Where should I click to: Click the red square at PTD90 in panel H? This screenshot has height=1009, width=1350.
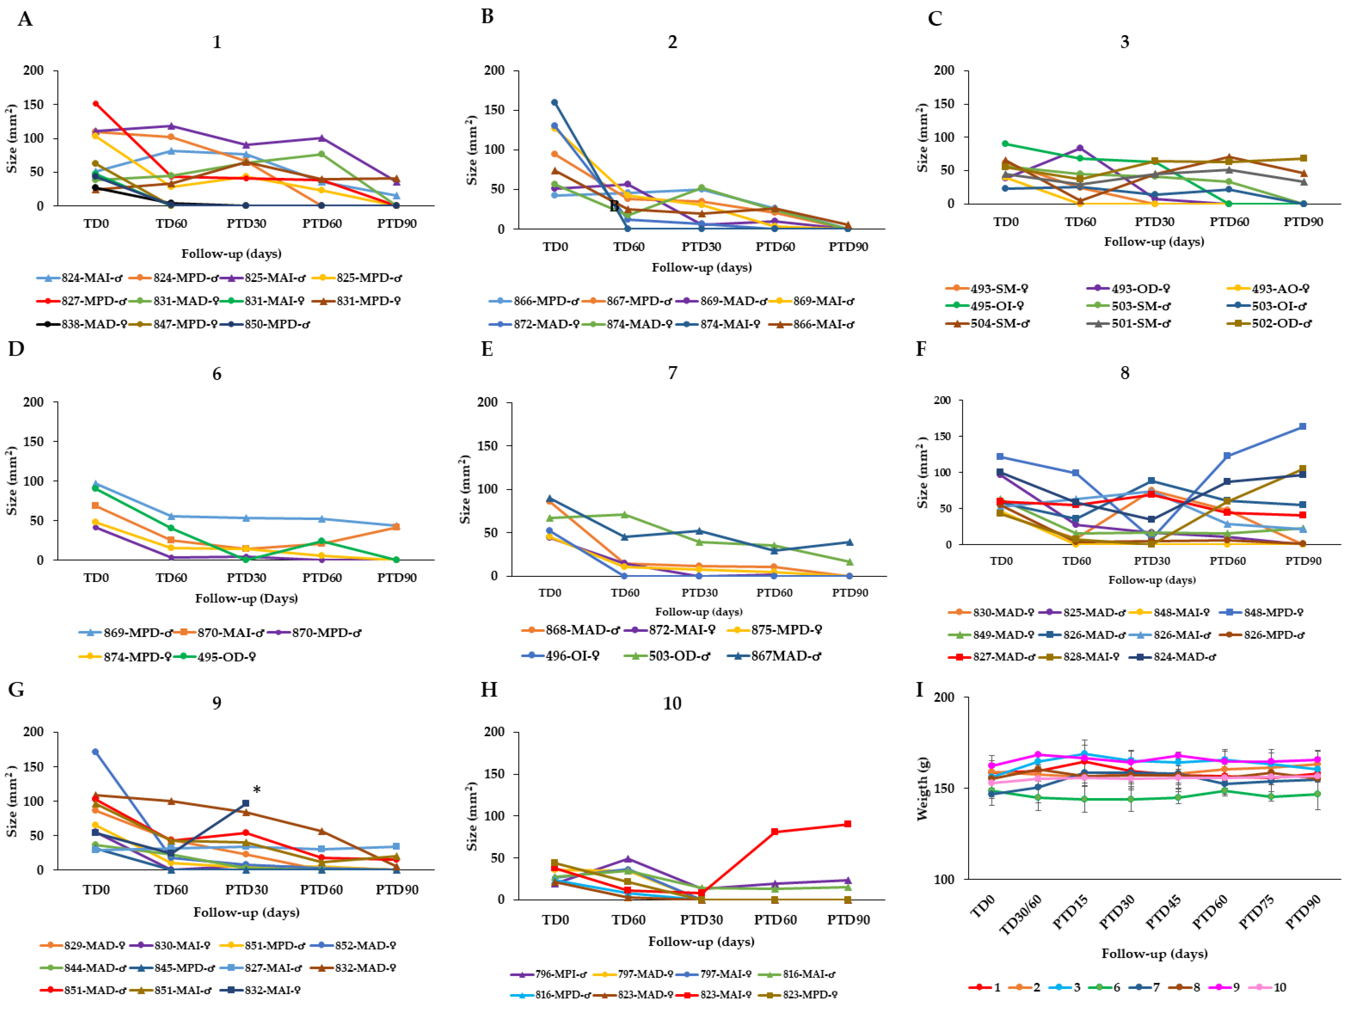[x=848, y=824]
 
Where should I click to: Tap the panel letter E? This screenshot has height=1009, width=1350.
[x=487, y=349]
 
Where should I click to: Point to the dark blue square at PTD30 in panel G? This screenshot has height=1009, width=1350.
[x=246, y=804]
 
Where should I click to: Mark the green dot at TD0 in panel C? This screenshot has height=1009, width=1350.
[x=1005, y=144]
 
